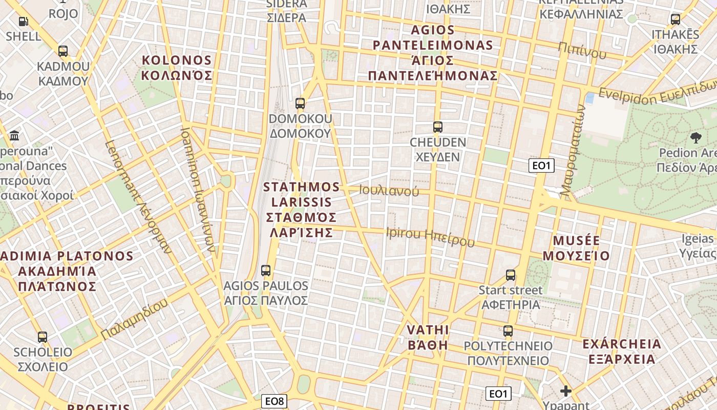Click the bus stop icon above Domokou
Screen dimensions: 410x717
300,104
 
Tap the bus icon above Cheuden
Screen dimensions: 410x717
437,127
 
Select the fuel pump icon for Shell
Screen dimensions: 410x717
23,22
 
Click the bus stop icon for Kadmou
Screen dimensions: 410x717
63,51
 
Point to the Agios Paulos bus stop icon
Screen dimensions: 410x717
265,271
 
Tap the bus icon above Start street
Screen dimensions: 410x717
511,275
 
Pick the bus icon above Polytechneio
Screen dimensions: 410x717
508,331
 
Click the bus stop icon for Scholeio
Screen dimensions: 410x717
43,337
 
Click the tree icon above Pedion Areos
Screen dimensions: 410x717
695,137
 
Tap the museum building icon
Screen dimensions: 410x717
14,136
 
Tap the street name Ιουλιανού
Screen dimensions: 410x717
389,191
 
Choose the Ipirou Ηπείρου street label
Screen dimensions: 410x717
430,236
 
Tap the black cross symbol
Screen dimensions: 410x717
566,392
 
